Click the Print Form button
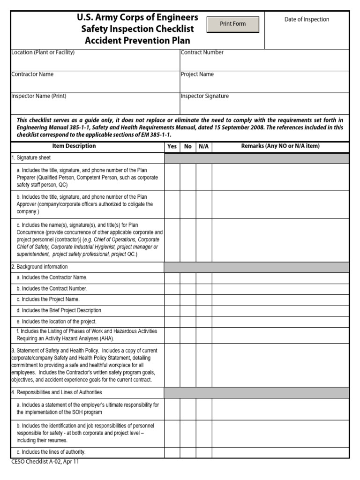[x=233, y=24]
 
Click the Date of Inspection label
[x=307, y=19]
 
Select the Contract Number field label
[x=202, y=52]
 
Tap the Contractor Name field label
[x=32, y=74]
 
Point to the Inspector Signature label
[x=205, y=96]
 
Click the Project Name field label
[x=197, y=74]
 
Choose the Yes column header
[x=172, y=146]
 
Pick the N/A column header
[x=203, y=146]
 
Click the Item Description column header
[x=74, y=146]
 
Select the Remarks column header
[x=280, y=146]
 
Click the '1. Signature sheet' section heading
[x=31, y=158]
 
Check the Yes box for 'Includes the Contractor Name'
[x=172, y=278]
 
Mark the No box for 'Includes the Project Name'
[x=188, y=300]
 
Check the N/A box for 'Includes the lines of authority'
[x=203, y=452]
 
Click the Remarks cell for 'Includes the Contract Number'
[x=280, y=289]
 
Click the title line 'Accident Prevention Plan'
[x=137, y=40]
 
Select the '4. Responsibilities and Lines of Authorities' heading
[x=56, y=392]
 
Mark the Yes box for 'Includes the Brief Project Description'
[x=172, y=310]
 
